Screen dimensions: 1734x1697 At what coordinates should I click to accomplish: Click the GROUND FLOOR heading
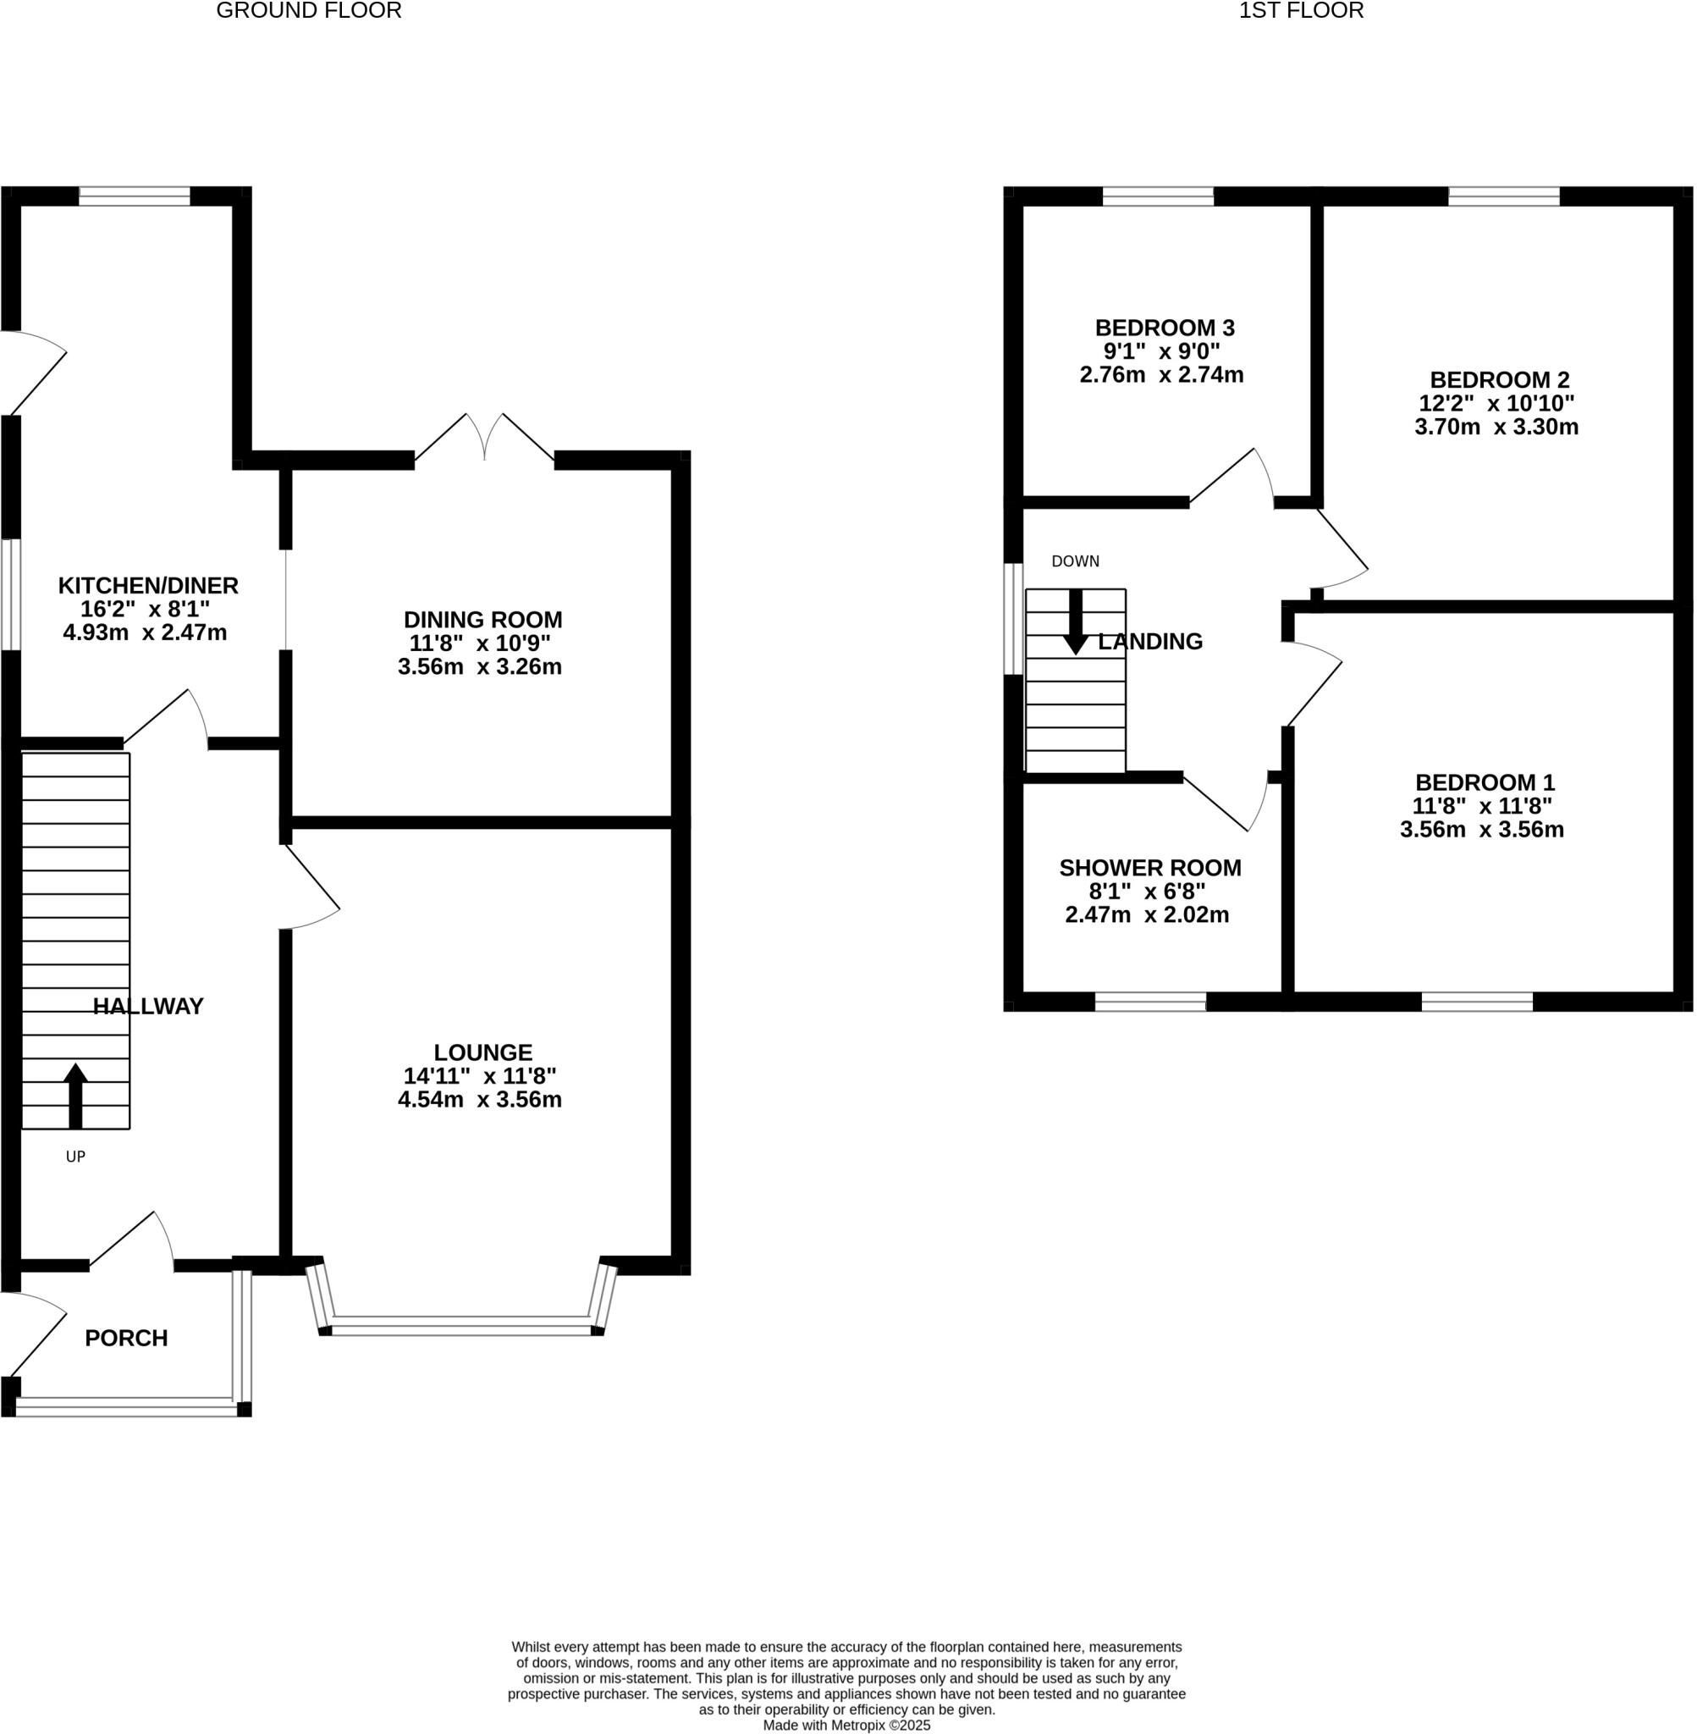pos(308,11)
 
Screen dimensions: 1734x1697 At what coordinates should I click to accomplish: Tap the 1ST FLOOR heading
pos(1300,11)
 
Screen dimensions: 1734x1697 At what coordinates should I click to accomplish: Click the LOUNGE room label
pos(482,1052)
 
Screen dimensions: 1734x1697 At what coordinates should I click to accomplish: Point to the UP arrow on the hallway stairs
pos(76,1095)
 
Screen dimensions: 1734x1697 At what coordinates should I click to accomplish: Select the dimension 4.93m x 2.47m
pos(145,633)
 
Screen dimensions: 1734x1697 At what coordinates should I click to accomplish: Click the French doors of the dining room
pos(484,439)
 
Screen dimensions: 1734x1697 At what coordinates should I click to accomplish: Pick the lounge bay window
pos(460,1325)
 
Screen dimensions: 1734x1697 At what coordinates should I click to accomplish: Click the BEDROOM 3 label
pos(1164,328)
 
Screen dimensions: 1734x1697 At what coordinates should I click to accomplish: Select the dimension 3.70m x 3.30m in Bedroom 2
pos(1496,427)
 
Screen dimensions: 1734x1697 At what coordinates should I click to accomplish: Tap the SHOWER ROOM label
pos(1149,869)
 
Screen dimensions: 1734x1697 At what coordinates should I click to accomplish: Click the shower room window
pos(1149,1001)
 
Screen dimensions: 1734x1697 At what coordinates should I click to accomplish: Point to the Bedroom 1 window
pos(1476,1001)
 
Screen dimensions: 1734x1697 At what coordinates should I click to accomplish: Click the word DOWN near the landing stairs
pos(1075,561)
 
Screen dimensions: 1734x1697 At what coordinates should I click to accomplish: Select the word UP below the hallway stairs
pos(76,1157)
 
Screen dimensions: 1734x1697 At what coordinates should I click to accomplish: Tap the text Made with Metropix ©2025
pos(846,1725)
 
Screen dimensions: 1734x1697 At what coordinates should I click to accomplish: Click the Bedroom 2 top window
pos(1502,196)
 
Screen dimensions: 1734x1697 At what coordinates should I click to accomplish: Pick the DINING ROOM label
pos(482,620)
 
